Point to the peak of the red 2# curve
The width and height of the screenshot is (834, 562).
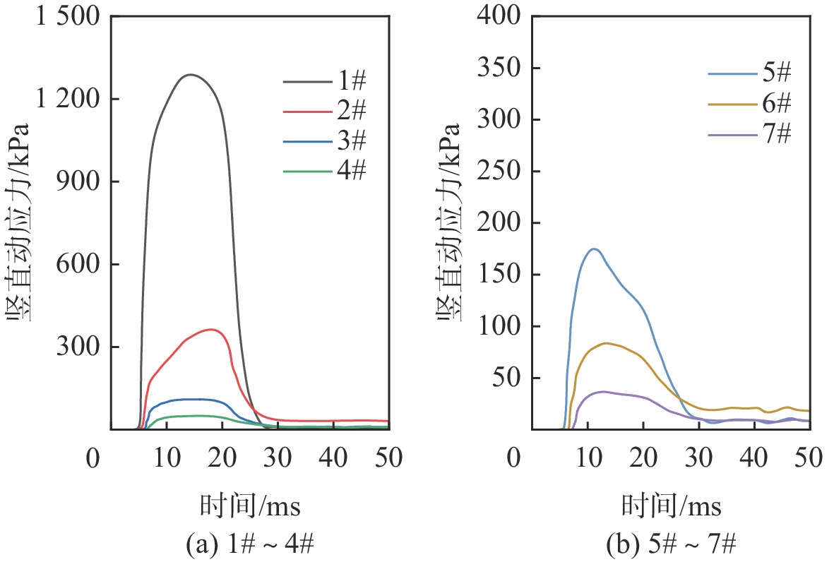211,329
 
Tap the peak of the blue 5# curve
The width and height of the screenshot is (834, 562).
595,249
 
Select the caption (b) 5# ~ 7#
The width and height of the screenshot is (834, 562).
672,544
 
